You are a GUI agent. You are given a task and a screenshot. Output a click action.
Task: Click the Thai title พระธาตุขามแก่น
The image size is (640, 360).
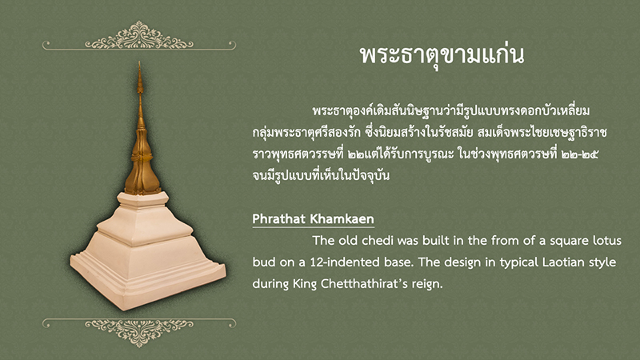[x=442, y=55]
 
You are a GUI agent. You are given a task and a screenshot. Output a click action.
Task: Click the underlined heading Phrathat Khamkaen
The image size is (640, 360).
[x=313, y=218]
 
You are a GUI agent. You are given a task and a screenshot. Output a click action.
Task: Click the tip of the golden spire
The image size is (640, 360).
[x=139, y=62]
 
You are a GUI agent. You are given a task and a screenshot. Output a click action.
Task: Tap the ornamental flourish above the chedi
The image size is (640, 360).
[x=139, y=36]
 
